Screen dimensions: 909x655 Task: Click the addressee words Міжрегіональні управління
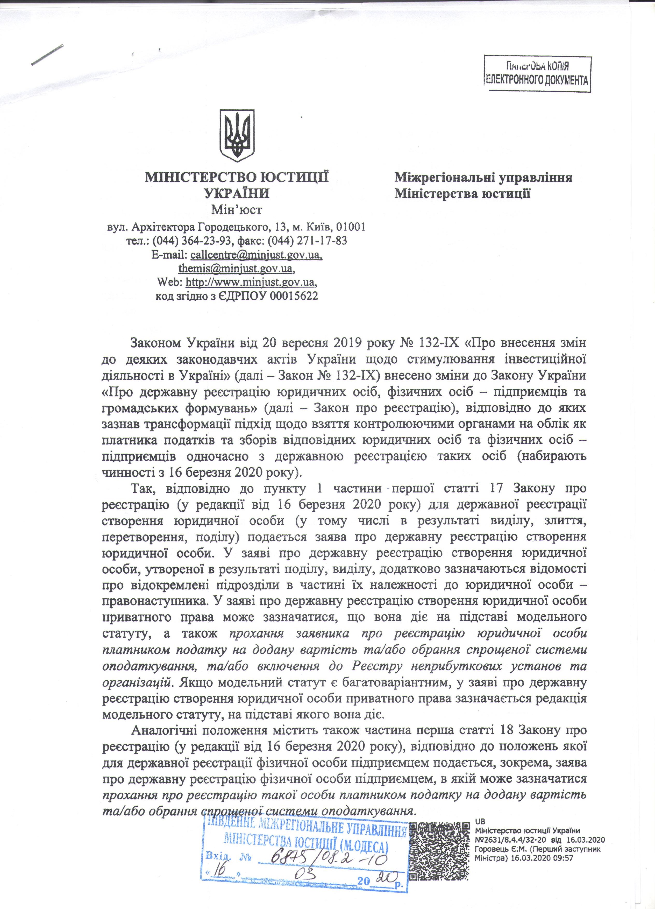483,178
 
